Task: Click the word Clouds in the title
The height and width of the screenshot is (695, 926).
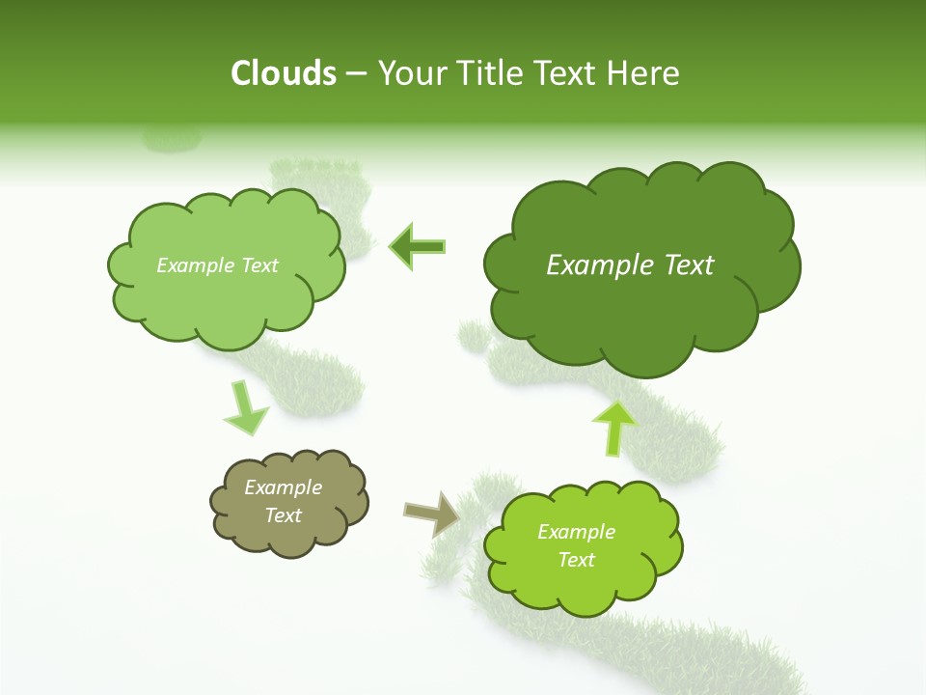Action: (284, 73)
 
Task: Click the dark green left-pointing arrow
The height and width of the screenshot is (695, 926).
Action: (418, 247)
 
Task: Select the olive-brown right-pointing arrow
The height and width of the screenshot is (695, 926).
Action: (432, 514)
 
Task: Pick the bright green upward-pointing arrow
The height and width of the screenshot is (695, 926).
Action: (613, 427)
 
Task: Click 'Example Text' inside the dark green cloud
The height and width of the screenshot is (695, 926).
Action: (630, 265)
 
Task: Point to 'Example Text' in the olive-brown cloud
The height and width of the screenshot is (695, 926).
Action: (284, 501)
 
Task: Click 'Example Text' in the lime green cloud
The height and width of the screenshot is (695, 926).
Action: (576, 545)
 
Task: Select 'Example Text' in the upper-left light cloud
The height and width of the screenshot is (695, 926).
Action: (217, 265)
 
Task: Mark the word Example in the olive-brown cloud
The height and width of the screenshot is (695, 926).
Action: (284, 487)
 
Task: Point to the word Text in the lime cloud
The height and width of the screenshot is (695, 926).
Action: (576, 560)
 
